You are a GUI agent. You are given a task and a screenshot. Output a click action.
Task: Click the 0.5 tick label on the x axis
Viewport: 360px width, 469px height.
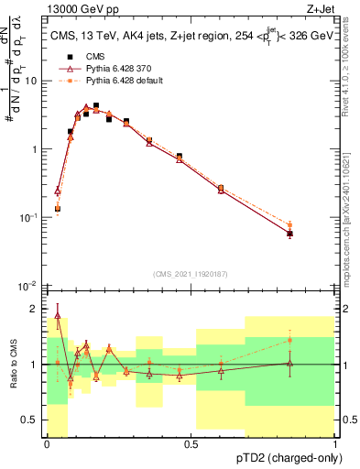pyautogui.click(x=191, y=444)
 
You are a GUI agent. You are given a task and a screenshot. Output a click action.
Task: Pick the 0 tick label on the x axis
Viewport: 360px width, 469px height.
pyautogui.click(x=47, y=444)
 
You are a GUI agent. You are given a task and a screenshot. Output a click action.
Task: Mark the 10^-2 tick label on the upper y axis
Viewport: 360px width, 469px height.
pyautogui.click(x=28, y=286)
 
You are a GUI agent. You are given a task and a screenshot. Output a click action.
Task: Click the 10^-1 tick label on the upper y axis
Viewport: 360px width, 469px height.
pyautogui.click(x=28, y=217)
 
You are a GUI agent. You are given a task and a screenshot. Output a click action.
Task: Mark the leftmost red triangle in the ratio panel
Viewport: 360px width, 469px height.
pyautogui.click(x=58, y=316)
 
